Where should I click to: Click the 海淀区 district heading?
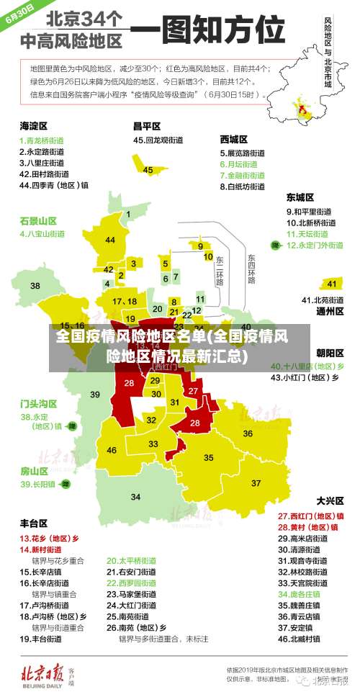pyautogui.click(x=33, y=125)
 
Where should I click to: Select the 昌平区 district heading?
pyautogui.click(x=146, y=125)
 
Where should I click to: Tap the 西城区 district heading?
pyautogui.click(x=234, y=138)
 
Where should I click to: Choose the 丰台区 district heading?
pyautogui.click(x=33, y=523)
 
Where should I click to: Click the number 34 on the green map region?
pyautogui.click(x=135, y=497)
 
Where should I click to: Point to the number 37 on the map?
pyautogui.click(x=256, y=482)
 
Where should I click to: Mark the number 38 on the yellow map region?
pyautogui.click(x=35, y=286)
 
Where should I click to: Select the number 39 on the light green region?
pyautogui.click(x=95, y=394)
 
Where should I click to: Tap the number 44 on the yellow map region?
pyautogui.click(x=109, y=240)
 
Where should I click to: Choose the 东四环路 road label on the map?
pyautogui.click(x=251, y=269)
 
